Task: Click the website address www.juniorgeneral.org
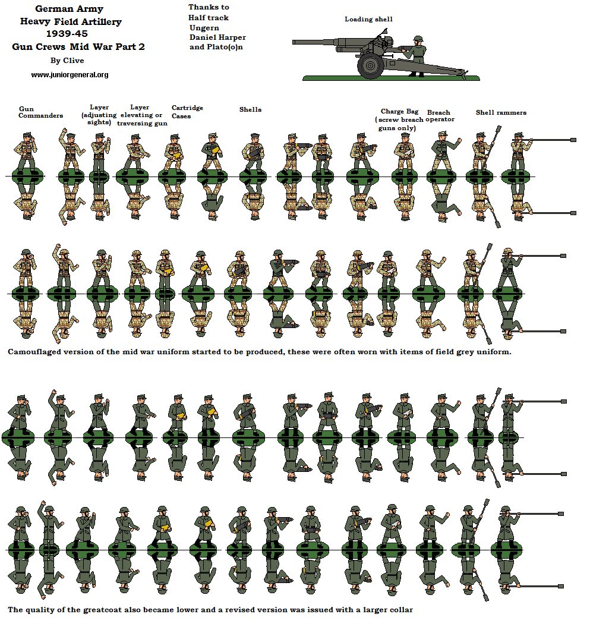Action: (x=70, y=75)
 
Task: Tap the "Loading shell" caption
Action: (x=368, y=20)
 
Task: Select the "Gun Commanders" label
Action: (x=40, y=112)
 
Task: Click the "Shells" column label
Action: (x=250, y=109)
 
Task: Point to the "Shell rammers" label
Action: (x=501, y=112)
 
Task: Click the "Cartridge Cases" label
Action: (x=187, y=112)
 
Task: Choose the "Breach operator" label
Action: (x=440, y=116)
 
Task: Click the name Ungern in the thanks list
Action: (x=204, y=27)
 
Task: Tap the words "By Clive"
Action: (x=67, y=60)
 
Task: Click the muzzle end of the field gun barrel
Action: (x=296, y=42)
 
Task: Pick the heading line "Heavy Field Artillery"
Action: (x=71, y=22)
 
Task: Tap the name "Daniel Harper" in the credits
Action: (x=217, y=37)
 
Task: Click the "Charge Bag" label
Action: (x=399, y=111)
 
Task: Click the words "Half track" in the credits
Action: (x=209, y=18)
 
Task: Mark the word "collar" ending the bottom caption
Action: (x=400, y=610)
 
